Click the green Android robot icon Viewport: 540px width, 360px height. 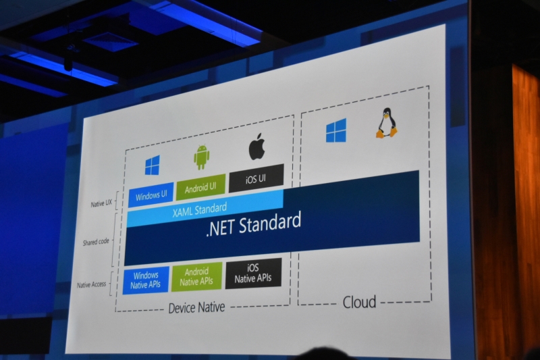click(201, 157)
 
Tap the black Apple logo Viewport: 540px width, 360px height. click(256, 147)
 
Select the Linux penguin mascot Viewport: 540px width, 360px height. click(386, 123)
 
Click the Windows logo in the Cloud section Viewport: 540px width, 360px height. click(335, 131)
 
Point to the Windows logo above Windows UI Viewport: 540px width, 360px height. click(153, 165)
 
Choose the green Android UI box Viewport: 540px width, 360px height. click(200, 187)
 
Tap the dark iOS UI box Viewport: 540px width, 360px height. click(256, 178)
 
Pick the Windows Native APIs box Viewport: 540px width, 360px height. click(146, 280)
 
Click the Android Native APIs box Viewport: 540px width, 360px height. click(196, 276)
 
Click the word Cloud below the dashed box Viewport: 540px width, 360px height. click(359, 302)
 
